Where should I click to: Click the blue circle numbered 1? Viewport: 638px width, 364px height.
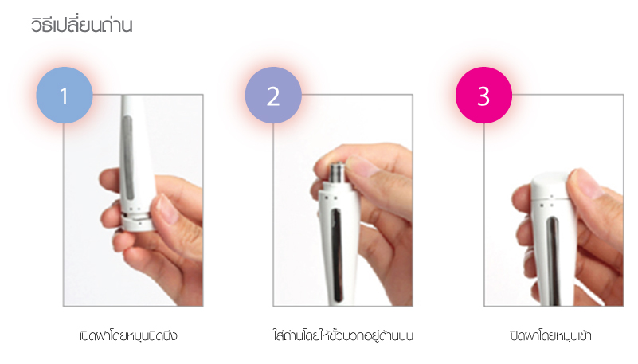[65, 95]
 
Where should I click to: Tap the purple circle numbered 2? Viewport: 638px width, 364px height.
[273, 95]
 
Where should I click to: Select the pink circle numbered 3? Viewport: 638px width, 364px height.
[483, 95]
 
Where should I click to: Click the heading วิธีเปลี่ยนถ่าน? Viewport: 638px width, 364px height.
[82, 25]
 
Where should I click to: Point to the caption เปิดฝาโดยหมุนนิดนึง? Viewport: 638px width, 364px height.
[128, 335]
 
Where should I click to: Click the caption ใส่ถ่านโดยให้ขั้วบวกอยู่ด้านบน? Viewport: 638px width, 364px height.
[343, 335]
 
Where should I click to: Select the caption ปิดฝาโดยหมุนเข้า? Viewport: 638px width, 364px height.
[550, 335]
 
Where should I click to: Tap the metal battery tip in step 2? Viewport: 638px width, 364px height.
[337, 173]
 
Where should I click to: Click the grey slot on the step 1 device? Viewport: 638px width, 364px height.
[127, 158]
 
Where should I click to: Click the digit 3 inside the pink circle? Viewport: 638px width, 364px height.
[483, 96]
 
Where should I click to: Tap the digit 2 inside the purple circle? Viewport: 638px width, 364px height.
[273, 96]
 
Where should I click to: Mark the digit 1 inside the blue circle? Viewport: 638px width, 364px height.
[64, 96]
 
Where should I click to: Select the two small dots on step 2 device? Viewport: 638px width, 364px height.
[332, 198]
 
